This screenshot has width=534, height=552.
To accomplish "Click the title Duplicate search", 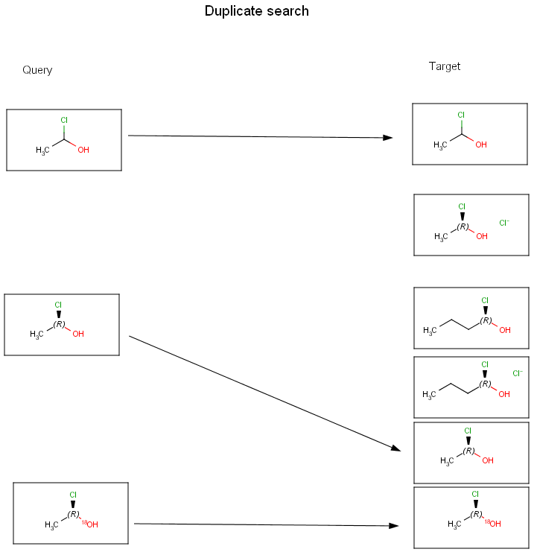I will pyautogui.click(x=256, y=11).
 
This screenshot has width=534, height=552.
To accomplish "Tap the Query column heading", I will pyautogui.click(x=37, y=70).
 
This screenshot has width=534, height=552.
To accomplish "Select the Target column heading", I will pyautogui.click(x=445, y=66).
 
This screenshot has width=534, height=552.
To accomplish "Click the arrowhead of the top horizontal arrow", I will pyautogui.click(x=388, y=138).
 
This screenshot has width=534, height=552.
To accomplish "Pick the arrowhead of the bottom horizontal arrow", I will pyautogui.click(x=394, y=526).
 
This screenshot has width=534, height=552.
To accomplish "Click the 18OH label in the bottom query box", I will pyautogui.click(x=90, y=524).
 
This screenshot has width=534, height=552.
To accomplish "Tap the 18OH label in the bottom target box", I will pyautogui.click(x=492, y=524).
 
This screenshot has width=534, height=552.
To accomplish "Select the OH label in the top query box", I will pyautogui.click(x=83, y=150).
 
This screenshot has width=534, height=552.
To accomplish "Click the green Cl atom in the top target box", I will pyautogui.click(x=461, y=115).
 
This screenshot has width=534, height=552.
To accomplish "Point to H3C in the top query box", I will pyautogui.click(x=42, y=150).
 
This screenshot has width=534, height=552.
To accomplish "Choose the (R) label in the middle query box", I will pyautogui.click(x=60, y=324).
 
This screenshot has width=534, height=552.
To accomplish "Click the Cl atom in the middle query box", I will pyautogui.click(x=58, y=305).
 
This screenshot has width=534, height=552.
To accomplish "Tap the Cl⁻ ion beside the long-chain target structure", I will pyautogui.click(x=518, y=373).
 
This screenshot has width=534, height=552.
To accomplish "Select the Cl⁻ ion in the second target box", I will pyautogui.click(x=504, y=223).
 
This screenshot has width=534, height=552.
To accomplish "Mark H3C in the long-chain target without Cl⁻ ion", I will pyautogui.click(x=430, y=330).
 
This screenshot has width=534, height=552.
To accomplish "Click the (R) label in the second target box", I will pyautogui.click(x=463, y=226).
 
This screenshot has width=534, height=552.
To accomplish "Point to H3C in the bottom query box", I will pyautogui.click(x=51, y=525).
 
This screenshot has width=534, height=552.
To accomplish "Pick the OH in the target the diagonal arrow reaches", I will pyautogui.click(x=488, y=460).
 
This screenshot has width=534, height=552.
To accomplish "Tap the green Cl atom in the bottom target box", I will pyautogui.click(x=475, y=494).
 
